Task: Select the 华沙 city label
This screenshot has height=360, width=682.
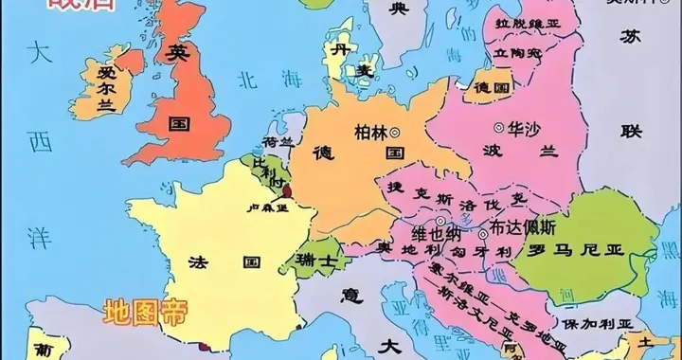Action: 523,125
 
